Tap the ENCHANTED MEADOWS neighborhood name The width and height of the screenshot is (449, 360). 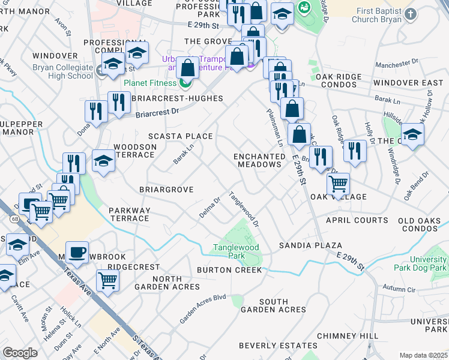[x=260, y=160]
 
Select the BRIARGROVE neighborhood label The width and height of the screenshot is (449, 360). [x=166, y=190]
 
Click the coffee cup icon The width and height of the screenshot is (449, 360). [x=77, y=253]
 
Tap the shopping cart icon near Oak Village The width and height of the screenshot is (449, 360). [x=339, y=184]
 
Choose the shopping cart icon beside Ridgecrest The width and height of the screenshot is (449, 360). [x=107, y=280]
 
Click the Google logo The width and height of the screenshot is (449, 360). [x=20, y=352]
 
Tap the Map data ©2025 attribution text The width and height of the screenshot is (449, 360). [x=423, y=355]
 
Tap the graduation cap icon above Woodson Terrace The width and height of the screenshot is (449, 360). [x=103, y=161]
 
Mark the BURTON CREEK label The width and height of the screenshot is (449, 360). [x=229, y=270]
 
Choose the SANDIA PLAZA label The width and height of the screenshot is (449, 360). [x=310, y=246]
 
